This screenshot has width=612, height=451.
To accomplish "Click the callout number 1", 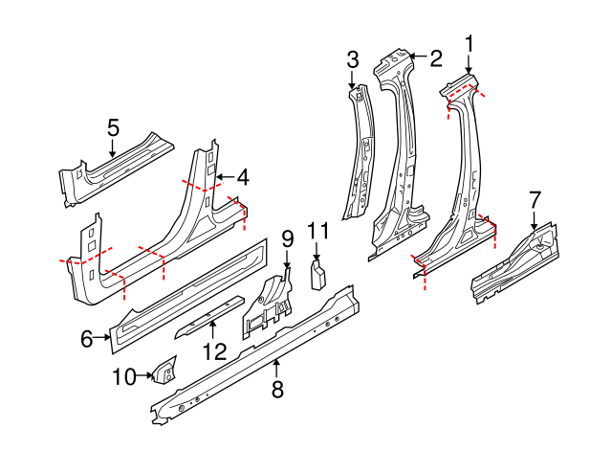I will point(470,43).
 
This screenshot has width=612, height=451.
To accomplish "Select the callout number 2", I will point(435,58).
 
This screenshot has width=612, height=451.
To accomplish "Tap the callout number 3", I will point(352,59).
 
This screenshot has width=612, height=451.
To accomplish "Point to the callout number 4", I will point(243,177).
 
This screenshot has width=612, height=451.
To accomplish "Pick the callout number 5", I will point(113,127).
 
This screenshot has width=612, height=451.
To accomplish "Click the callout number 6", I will point(86,337).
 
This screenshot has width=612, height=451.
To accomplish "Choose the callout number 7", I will point(535,199).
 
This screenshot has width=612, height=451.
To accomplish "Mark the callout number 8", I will point(277,389).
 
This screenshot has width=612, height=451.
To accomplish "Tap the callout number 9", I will point(286,238).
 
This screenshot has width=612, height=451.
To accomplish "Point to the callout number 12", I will point(214,351).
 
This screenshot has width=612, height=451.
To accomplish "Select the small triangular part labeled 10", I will point(164,368).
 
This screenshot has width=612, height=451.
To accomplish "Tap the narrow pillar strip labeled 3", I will point(361,153).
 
